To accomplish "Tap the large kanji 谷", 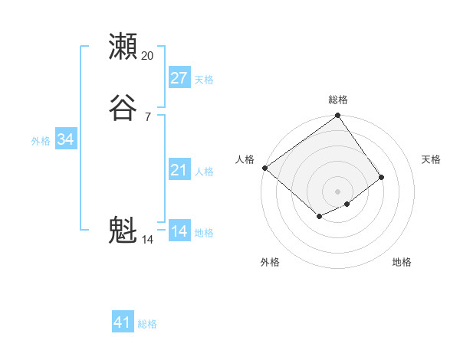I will (x=123, y=108).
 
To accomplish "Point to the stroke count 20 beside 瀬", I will (x=147, y=56).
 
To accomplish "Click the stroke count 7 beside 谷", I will (x=147, y=117).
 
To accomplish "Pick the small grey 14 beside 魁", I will (x=147, y=240).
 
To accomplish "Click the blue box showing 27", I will (x=179, y=77).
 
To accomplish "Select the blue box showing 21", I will (x=179, y=169).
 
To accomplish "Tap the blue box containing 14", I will (x=179, y=231).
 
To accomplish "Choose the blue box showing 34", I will (x=66, y=139).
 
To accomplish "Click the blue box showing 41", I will (x=123, y=322).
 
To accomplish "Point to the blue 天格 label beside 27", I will (x=204, y=80).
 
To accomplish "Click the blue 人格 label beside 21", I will (x=204, y=172).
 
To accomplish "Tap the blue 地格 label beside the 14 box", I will (x=204, y=233).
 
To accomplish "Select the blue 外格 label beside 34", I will (x=41, y=141).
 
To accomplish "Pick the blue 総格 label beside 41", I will (x=147, y=324).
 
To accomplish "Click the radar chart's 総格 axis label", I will (x=337, y=100).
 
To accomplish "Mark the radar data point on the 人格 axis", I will (x=264, y=168).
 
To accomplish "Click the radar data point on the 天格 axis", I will (x=381, y=177).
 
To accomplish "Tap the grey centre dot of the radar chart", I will (x=337, y=191).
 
